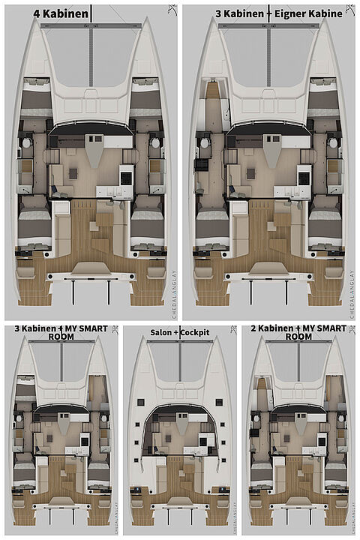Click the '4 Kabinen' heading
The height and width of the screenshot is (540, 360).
point(62,13)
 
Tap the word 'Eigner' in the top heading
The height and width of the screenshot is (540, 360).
point(289,13)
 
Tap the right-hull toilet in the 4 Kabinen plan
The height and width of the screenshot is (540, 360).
point(155,142)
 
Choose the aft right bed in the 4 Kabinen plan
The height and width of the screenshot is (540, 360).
point(146,223)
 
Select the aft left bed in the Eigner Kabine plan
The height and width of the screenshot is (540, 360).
point(211,223)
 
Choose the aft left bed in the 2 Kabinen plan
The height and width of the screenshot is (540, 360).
point(259,472)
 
